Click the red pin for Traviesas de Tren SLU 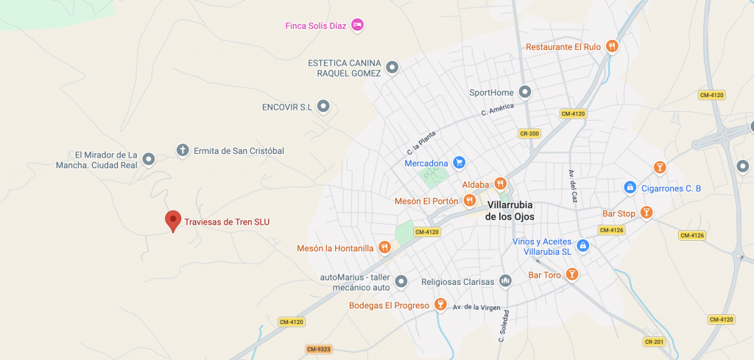pos(173,219)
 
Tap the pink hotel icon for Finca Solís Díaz pos(357,25)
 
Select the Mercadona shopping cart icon pos(459,163)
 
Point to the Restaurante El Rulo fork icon pos(612,46)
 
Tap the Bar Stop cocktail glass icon pos(646,213)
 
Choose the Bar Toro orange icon pos(571,275)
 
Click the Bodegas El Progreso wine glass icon pos(440,305)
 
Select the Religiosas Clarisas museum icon pos(505,280)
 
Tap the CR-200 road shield pos(529,133)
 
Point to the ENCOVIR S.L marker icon pos(323,107)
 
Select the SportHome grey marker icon pos(525,92)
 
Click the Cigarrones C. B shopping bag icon pos(630,188)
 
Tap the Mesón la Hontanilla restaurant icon pos(384,247)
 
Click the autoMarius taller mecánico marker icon pos(401,281)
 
